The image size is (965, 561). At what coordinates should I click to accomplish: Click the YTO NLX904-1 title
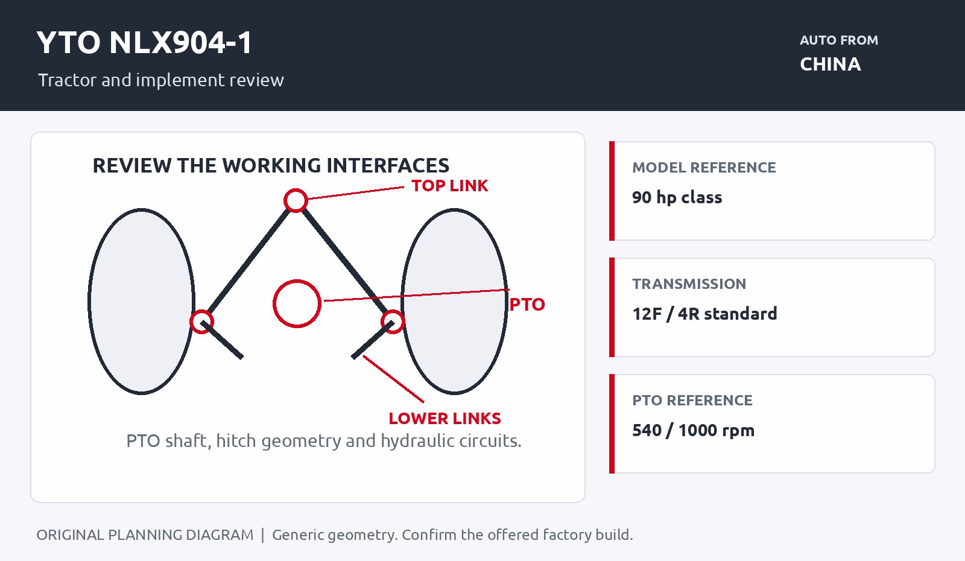click(144, 43)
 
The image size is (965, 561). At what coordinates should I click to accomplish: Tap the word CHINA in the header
click(830, 64)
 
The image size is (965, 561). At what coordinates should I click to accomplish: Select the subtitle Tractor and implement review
click(160, 80)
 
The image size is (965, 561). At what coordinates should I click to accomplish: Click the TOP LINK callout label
click(450, 186)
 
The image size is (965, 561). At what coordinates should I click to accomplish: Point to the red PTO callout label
click(527, 305)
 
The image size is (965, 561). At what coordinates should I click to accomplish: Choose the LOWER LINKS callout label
click(445, 419)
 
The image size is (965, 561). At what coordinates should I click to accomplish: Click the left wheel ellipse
click(89, 302)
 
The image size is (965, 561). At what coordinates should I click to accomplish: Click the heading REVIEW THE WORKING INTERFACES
click(271, 165)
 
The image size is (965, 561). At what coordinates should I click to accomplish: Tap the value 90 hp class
click(677, 197)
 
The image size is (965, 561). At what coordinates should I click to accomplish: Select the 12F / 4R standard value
click(704, 314)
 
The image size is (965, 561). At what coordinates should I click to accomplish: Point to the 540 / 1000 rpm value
click(693, 431)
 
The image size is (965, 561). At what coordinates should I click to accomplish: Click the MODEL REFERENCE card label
click(704, 167)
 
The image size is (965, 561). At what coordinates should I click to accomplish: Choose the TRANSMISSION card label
click(689, 284)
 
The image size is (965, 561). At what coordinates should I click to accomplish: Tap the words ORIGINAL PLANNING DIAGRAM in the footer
click(145, 534)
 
